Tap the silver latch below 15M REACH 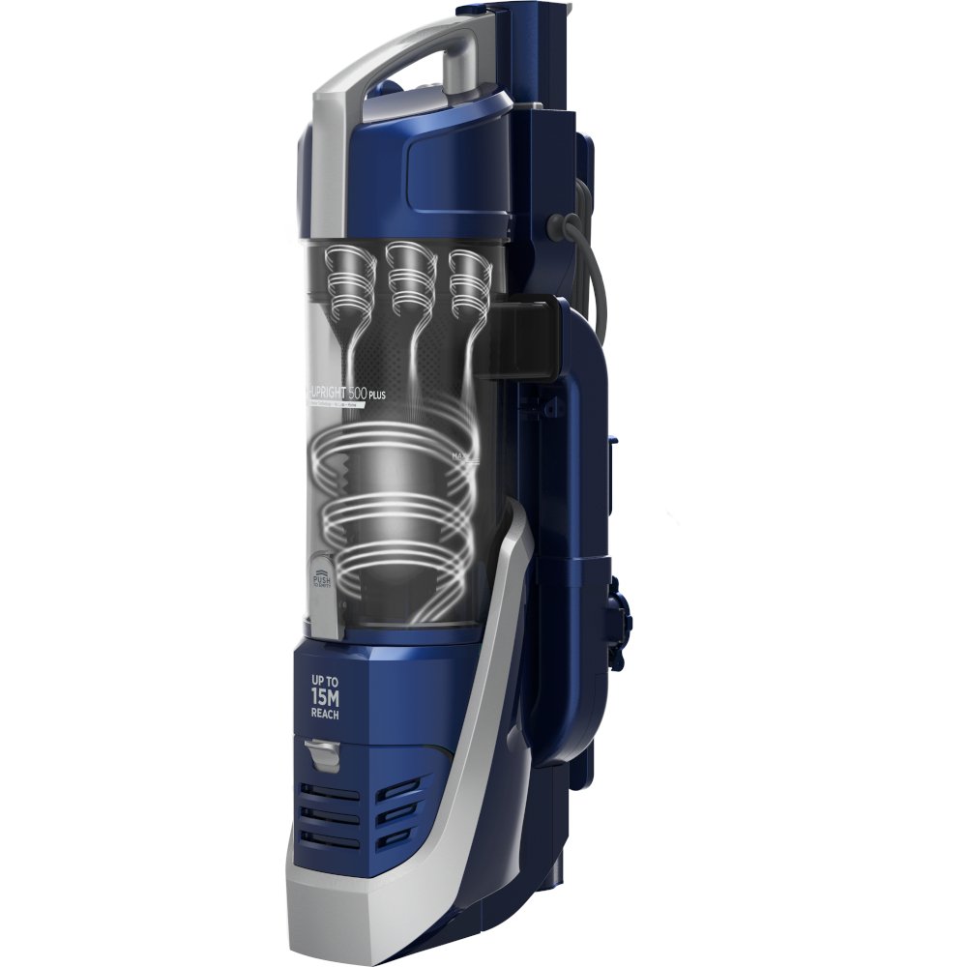click(322, 752)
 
